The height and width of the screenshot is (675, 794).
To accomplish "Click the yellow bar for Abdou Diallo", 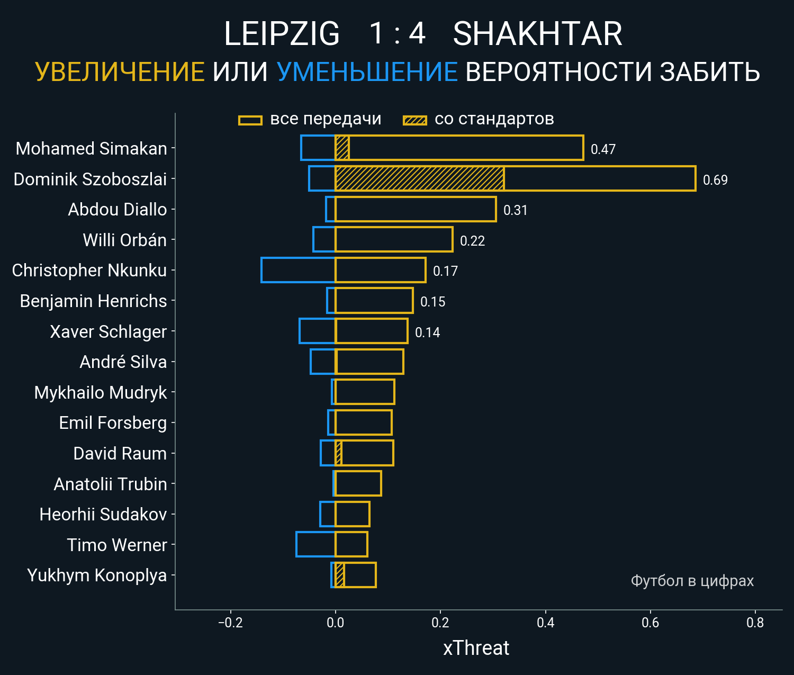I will pos(416,209).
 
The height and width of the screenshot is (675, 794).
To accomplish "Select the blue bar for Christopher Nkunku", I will pos(298,270).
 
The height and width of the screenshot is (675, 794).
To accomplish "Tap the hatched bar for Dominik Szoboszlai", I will pos(419,178).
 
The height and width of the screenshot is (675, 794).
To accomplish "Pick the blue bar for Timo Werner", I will pos(315,544).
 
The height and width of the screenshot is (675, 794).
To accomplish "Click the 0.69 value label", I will pos(715,180).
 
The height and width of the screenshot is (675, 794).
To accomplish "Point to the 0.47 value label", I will pos(603,149).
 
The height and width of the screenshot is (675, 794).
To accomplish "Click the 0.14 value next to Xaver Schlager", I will pos(427,332).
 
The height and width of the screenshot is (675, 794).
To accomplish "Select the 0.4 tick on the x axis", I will pos(545,623).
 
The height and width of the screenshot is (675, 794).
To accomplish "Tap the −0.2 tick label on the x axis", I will pos(230,623).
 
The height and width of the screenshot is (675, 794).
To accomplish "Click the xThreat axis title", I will pos(476,648).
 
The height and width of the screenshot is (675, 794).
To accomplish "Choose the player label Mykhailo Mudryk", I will pos(101,392).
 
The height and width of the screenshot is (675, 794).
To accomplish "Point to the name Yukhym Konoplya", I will pos(97,575).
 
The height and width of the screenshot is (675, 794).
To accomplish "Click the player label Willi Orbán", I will pos(124,240).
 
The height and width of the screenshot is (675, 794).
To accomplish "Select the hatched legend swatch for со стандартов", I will pos(414,120).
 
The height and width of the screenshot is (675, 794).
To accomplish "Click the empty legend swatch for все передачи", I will pos(250,120).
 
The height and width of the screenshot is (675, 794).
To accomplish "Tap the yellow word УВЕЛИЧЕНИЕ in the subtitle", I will pos(120,72).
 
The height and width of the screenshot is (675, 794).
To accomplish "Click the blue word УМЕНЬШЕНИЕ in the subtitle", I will pos(367,72).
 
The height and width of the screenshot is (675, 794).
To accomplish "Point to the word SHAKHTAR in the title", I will pos(537,34).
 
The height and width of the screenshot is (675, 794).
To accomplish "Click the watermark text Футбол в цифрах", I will pos(692,581).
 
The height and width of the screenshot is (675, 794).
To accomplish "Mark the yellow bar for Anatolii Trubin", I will pos(358,483).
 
